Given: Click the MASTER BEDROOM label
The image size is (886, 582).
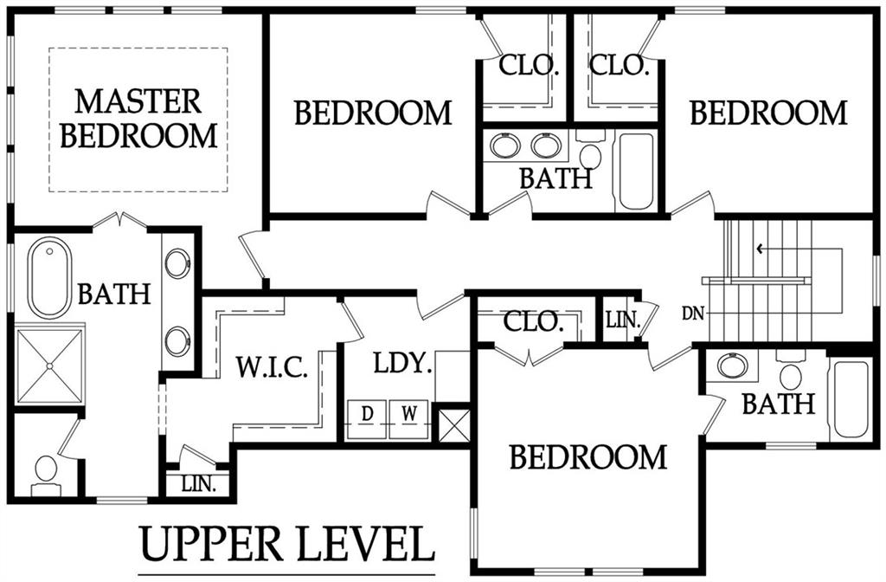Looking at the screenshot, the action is click(139, 119).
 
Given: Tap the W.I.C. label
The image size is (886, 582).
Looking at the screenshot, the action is click(272, 367).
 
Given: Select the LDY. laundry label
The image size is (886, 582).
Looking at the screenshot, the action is click(403, 363).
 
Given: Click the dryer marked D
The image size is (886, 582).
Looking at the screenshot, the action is click(366, 419).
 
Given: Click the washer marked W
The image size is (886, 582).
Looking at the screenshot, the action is click(408, 419).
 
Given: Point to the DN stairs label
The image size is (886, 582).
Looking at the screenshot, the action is click(693, 314).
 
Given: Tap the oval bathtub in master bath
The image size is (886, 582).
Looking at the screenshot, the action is click(49, 278).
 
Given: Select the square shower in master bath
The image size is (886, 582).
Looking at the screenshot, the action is click(49, 366).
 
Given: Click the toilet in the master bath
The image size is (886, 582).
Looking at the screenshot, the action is click(46, 474).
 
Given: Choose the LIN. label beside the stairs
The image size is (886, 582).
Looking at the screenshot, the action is click(623, 320).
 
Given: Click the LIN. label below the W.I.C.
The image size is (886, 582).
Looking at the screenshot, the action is click(199, 484).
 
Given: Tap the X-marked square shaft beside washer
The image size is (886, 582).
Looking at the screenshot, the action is click(453, 425).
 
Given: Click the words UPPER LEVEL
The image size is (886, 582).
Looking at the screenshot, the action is click(287, 544).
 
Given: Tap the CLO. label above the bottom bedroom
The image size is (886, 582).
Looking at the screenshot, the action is click(533, 322).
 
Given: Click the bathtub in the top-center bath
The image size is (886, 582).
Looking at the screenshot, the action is click(636, 171).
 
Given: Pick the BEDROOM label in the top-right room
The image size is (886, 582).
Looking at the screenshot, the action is click(768, 113).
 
